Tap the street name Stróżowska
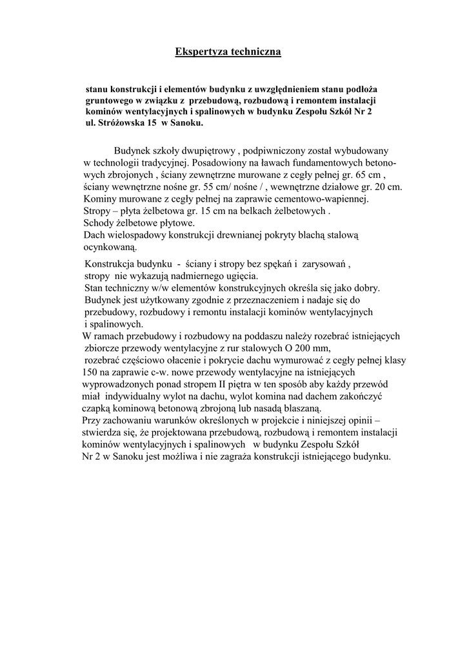(121, 122)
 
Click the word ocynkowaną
(110, 247)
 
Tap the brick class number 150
(90, 372)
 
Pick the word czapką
(97, 408)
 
